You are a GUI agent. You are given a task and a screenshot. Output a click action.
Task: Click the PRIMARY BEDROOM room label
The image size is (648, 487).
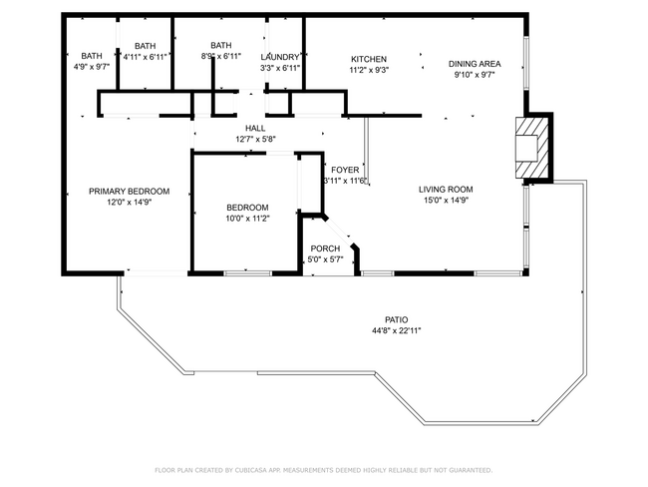(x=129, y=192)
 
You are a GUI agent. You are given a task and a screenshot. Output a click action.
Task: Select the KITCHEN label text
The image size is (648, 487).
(x=369, y=60)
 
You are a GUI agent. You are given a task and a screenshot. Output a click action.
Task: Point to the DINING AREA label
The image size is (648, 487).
(x=475, y=64)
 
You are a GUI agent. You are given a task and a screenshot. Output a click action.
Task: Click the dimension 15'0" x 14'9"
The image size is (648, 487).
(x=446, y=200)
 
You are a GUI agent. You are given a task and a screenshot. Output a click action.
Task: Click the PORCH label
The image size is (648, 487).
(x=325, y=248)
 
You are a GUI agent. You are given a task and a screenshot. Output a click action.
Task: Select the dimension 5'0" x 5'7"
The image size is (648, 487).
(x=325, y=259)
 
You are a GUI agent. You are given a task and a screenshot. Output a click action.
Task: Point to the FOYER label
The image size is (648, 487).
(x=346, y=170)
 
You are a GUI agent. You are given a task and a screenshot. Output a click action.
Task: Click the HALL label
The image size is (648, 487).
(x=255, y=129)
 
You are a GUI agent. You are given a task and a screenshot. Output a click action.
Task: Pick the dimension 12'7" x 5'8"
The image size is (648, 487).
(x=255, y=140)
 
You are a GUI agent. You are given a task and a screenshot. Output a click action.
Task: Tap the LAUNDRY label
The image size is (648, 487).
(x=280, y=57)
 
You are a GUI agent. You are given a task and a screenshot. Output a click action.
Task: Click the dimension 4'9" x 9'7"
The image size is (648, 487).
(x=92, y=67)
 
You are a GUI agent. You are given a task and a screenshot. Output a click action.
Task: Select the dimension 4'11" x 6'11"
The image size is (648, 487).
(x=146, y=57)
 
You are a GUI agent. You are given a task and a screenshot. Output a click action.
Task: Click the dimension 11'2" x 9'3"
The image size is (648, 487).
(x=369, y=71)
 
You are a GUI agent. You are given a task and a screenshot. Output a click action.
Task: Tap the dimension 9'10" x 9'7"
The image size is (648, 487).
(x=475, y=75)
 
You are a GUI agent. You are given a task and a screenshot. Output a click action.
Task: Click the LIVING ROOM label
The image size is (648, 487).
(x=446, y=189)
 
